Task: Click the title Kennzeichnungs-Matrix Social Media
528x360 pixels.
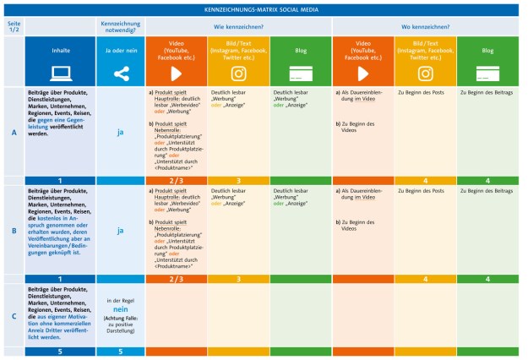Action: (x=264, y=9)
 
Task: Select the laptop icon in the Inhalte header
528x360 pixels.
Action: (x=60, y=72)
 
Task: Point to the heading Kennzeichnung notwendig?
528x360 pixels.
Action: (x=119, y=26)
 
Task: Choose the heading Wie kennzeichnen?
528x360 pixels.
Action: (x=238, y=26)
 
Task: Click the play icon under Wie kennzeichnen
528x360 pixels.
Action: (x=176, y=73)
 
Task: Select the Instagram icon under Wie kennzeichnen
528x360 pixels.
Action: (x=238, y=73)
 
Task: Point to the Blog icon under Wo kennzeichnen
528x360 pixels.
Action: (x=487, y=73)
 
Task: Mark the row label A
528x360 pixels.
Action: (x=13, y=133)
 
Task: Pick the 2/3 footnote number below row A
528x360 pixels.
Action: (x=176, y=181)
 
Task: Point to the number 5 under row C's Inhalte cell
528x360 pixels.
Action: (x=60, y=352)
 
